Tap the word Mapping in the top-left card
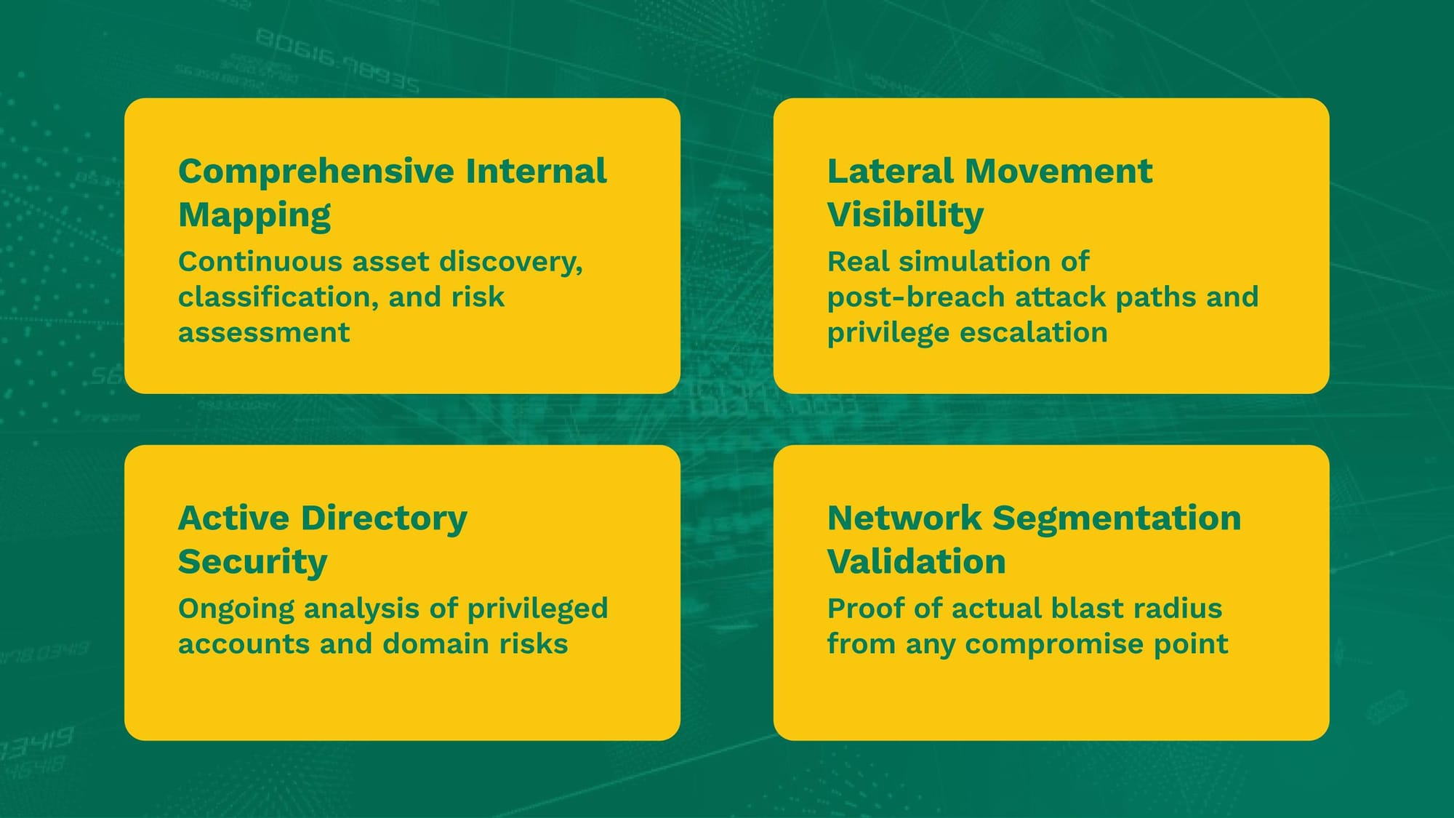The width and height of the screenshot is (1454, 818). click(x=254, y=216)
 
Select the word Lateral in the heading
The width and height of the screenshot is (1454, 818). click(x=891, y=171)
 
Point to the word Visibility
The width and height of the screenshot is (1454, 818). click(x=906, y=216)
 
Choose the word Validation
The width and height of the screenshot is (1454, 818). click(x=917, y=561)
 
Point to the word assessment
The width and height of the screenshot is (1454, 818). click(x=264, y=333)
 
